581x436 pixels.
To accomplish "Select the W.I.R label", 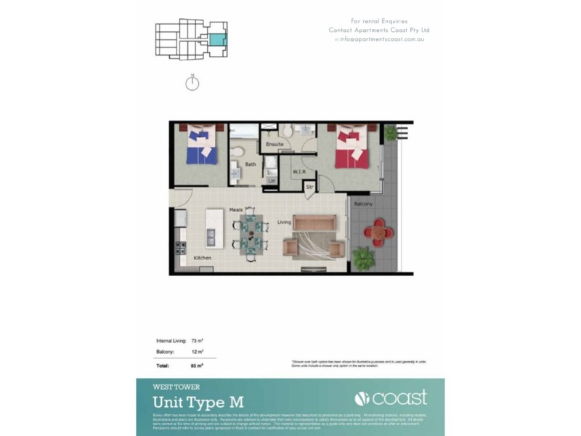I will [298, 171].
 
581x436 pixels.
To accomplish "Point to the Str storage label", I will [309, 187].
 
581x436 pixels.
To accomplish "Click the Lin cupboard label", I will [272, 180].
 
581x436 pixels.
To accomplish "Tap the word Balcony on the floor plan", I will [363, 204].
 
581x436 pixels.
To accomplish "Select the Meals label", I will [235, 209].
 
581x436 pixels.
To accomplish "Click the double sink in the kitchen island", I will [211, 235].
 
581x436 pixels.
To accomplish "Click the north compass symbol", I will [192, 84].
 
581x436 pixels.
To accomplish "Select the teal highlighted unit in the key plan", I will [217, 40].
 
